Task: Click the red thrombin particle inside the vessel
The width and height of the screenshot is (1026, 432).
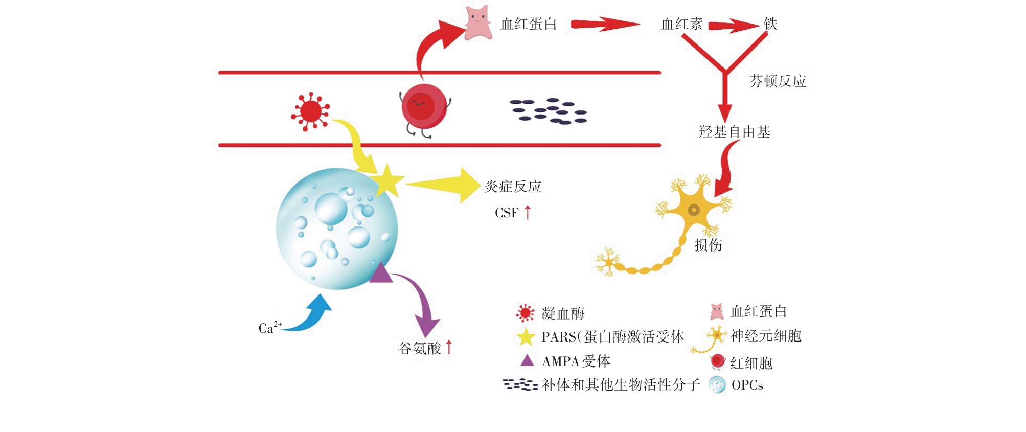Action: (310, 111)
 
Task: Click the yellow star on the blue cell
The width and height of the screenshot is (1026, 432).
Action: (387, 181)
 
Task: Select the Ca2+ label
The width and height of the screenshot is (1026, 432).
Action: (270, 327)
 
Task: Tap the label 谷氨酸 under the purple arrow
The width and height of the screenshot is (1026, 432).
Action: (419, 348)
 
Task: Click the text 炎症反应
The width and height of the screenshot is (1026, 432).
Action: (513, 186)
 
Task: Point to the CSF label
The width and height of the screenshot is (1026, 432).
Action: (507, 213)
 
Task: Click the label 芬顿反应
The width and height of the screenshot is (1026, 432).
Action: (778, 81)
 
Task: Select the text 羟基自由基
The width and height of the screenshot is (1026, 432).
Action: (734, 132)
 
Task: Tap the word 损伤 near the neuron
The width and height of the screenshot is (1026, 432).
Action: (708, 245)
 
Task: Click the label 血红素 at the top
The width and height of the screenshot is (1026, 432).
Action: (681, 24)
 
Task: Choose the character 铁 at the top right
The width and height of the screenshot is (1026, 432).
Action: (770, 24)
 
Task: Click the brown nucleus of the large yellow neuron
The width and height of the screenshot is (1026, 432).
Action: (694, 210)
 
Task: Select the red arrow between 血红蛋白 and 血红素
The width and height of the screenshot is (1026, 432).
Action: (605, 24)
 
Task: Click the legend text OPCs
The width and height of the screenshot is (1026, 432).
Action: (747, 385)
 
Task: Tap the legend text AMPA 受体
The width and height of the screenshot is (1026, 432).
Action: (576, 361)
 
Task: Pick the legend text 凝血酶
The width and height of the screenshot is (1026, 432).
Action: (563, 313)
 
